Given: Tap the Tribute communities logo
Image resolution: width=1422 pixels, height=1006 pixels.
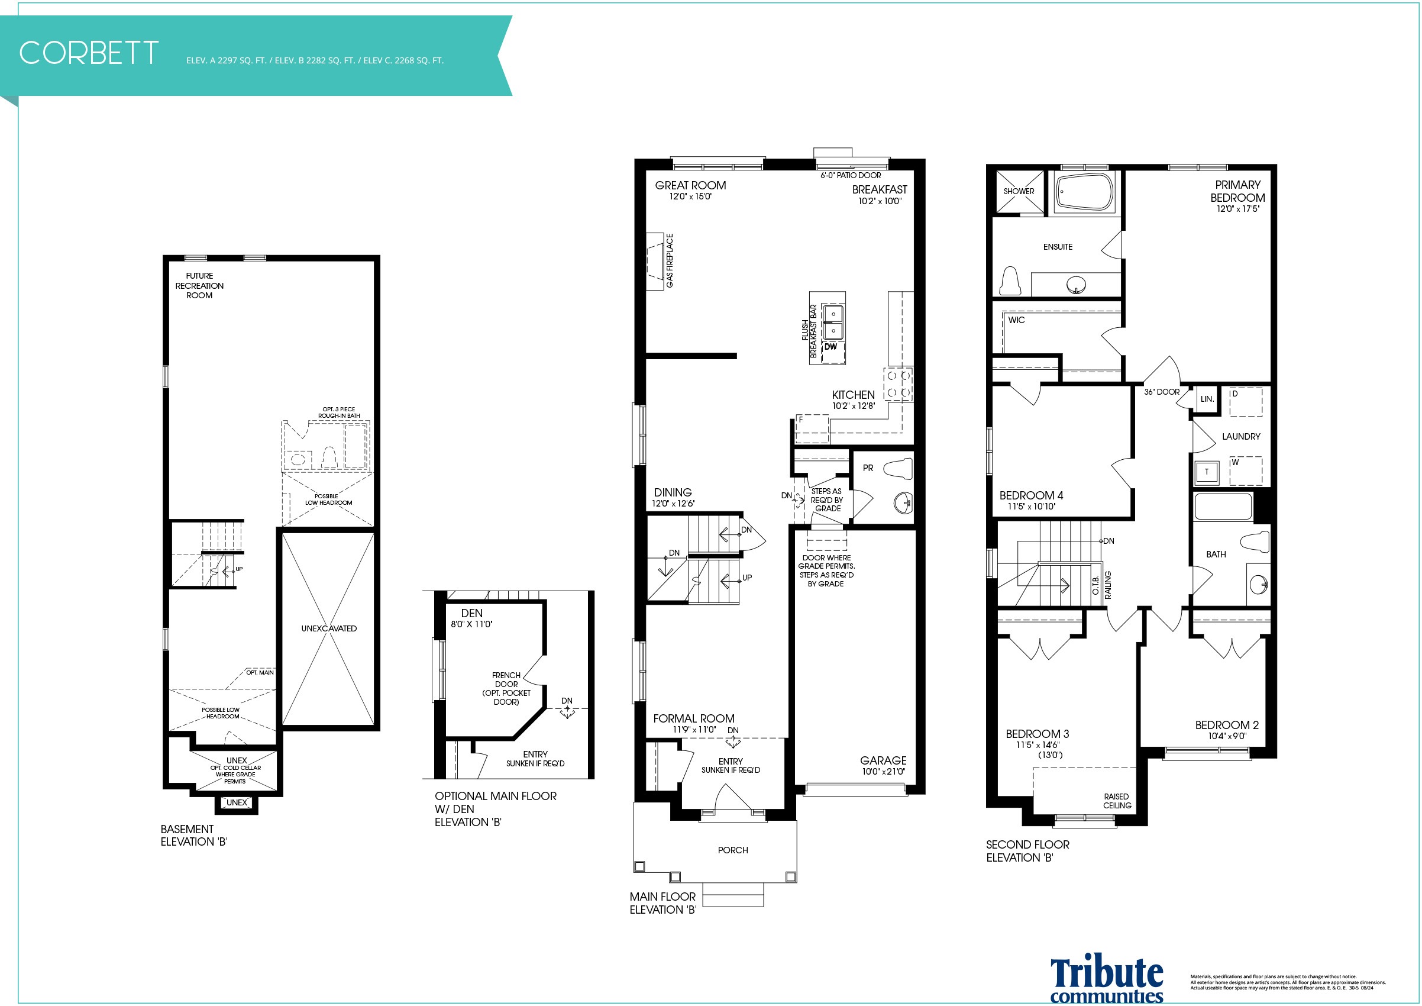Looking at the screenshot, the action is pos(1106,980).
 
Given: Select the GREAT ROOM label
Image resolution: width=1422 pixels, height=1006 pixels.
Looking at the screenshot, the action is pos(690,185).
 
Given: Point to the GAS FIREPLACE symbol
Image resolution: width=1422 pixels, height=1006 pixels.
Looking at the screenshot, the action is pos(655,261).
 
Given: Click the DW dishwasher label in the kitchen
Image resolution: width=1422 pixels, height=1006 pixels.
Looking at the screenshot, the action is pos(830,347).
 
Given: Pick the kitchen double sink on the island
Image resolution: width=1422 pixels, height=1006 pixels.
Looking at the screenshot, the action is pos(832,322).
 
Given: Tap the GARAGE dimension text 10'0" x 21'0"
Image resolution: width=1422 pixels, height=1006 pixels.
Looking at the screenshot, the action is pos(884,771).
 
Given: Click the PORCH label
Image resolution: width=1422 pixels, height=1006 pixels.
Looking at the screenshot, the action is pos(733,850).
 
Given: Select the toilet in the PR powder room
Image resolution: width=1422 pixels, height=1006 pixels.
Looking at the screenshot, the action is pos(898,468).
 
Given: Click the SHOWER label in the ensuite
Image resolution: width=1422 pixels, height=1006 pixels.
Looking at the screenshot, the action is pos(1019,191).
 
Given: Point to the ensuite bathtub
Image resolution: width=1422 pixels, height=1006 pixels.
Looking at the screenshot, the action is pos(1084,192).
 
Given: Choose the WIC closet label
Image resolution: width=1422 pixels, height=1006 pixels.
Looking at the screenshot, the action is pos(1016,320).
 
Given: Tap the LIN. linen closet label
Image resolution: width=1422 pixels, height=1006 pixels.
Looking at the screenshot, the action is pos(1207,399).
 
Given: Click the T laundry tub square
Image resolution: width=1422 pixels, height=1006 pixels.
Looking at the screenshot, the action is pos(1207,472).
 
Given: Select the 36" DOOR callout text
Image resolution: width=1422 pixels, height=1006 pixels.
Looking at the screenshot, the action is pos(1162,392).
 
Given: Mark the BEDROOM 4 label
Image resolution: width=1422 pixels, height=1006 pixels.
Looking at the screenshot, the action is pos(1031,495).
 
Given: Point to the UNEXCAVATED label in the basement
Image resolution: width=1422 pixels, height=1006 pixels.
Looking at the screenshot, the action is pos(329,628).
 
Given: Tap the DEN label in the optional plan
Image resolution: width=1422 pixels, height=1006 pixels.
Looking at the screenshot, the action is pos(472,613).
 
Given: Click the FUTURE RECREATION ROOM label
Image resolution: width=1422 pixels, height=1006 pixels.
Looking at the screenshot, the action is pos(199,286).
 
